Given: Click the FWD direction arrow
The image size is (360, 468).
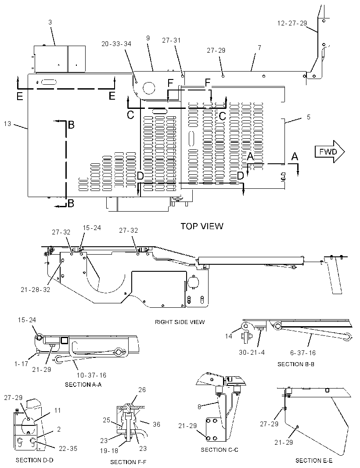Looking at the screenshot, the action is tap(330, 151).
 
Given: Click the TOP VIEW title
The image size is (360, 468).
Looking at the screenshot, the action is tap(202, 226).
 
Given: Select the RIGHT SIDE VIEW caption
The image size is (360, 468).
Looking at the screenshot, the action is tap(180, 322).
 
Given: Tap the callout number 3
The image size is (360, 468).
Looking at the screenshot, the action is tap(50, 22).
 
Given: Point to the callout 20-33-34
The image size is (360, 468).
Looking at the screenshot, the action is tap(116, 44).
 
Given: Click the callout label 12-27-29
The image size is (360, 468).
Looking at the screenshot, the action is tap(292, 23).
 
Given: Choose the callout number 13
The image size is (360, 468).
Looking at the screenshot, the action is tap(7, 123).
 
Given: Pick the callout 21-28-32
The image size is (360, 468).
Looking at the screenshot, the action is tap(36, 289).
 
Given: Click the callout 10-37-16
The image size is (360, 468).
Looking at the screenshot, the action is tap(91, 375).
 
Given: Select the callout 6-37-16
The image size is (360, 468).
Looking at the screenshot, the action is tap(302, 353).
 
